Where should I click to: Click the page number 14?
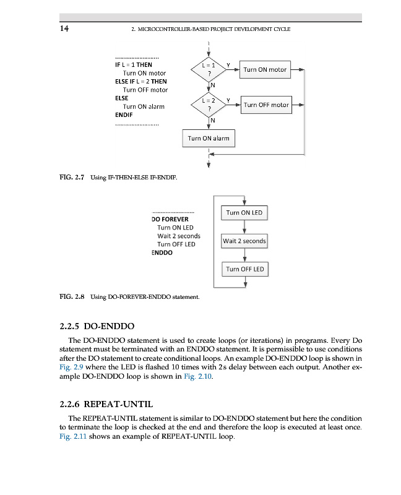(x=64, y=28)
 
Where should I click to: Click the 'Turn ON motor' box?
(x=265, y=69)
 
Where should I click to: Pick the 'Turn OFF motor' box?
(x=266, y=105)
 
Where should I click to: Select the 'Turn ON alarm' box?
(x=209, y=138)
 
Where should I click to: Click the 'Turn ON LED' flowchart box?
(x=244, y=213)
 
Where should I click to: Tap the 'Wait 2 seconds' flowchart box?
(x=244, y=241)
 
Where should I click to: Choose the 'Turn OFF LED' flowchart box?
(x=245, y=269)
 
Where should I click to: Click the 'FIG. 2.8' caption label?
(x=71, y=297)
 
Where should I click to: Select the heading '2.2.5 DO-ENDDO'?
(x=97, y=325)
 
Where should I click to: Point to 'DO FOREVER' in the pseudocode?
(x=170, y=219)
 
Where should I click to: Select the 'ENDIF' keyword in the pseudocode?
(x=124, y=115)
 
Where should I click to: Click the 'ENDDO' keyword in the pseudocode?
(x=162, y=252)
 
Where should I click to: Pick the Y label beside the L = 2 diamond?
(x=228, y=100)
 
